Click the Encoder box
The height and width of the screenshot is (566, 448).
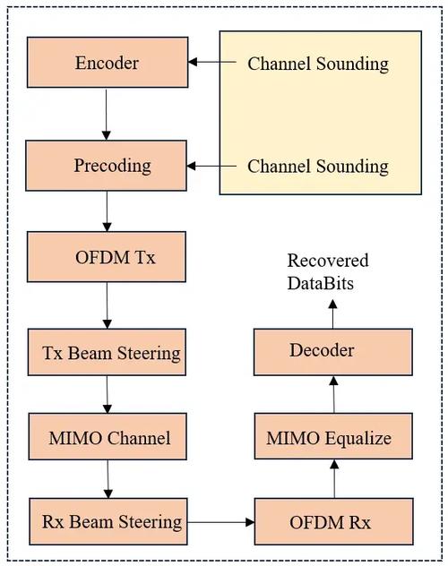(x=107, y=63)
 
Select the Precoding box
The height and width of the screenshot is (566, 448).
(x=107, y=166)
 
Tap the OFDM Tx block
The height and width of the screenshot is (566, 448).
(x=107, y=258)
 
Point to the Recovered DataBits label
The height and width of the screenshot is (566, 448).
(x=328, y=270)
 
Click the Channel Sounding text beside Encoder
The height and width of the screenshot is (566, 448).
(x=318, y=64)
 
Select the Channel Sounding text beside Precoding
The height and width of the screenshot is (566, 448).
(x=318, y=167)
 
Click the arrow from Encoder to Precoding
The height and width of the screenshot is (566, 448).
(x=107, y=114)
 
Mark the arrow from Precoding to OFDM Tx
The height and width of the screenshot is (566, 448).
(x=107, y=211)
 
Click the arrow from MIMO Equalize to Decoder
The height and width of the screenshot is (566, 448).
(x=334, y=395)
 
